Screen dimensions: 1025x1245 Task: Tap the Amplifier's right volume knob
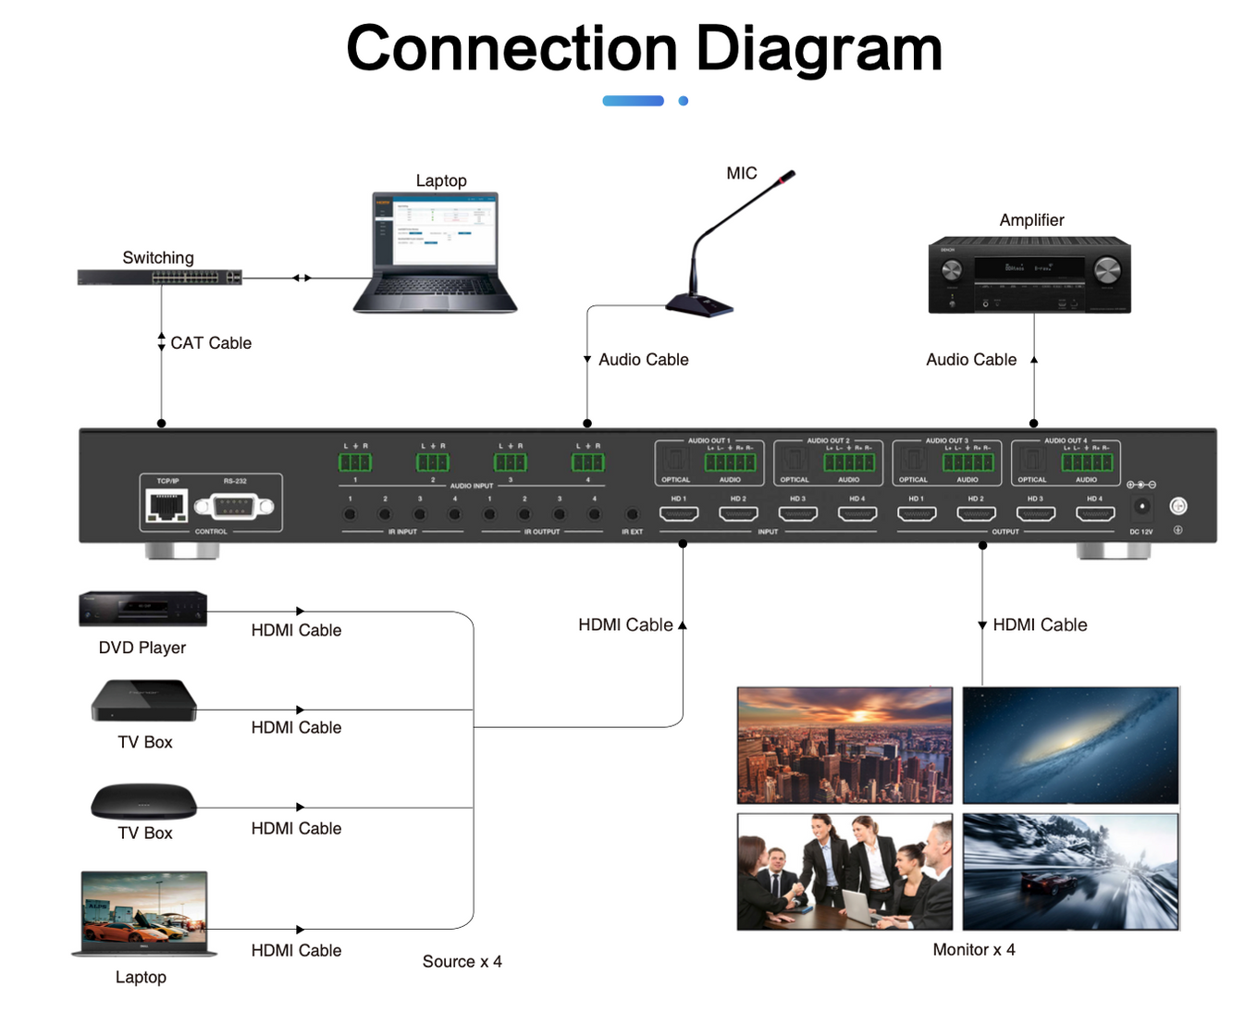tap(1106, 271)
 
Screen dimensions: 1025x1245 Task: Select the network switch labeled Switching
tap(159, 278)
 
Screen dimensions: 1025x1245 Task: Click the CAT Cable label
tap(211, 343)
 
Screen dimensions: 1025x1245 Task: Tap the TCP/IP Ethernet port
tap(167, 506)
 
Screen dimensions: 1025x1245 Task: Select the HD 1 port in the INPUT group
tap(678, 513)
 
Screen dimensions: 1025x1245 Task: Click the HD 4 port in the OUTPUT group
tap(1094, 513)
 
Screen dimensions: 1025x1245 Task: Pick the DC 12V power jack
tap(1142, 507)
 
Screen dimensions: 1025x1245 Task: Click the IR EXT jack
tap(632, 513)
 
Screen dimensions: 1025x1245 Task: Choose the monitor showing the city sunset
tap(844, 745)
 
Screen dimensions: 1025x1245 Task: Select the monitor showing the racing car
tap(1070, 871)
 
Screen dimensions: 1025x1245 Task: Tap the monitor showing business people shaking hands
tap(844, 871)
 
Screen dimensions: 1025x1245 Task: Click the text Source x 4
tap(462, 962)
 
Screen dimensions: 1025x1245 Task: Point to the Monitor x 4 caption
tap(973, 950)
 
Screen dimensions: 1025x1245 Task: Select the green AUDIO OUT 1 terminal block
tap(730, 462)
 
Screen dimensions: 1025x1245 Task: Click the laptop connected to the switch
tap(435, 253)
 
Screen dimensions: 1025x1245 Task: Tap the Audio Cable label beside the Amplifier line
tap(970, 360)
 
